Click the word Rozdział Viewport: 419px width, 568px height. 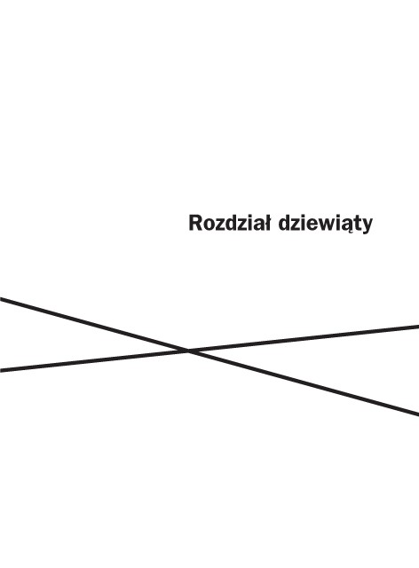[x=229, y=223]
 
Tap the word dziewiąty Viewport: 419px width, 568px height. [x=326, y=225]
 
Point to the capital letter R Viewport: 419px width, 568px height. [x=195, y=223]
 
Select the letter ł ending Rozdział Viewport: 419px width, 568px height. [x=267, y=223]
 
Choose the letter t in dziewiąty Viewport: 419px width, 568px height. [x=356, y=225]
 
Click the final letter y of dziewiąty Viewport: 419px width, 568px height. [x=367, y=227]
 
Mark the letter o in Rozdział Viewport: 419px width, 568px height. [x=209, y=225]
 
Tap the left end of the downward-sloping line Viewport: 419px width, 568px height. [x=0, y=299]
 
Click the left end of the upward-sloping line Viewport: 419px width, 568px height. [x=0, y=370]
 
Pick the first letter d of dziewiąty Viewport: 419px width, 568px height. [x=285, y=224]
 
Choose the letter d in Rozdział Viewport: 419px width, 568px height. [x=230, y=224]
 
